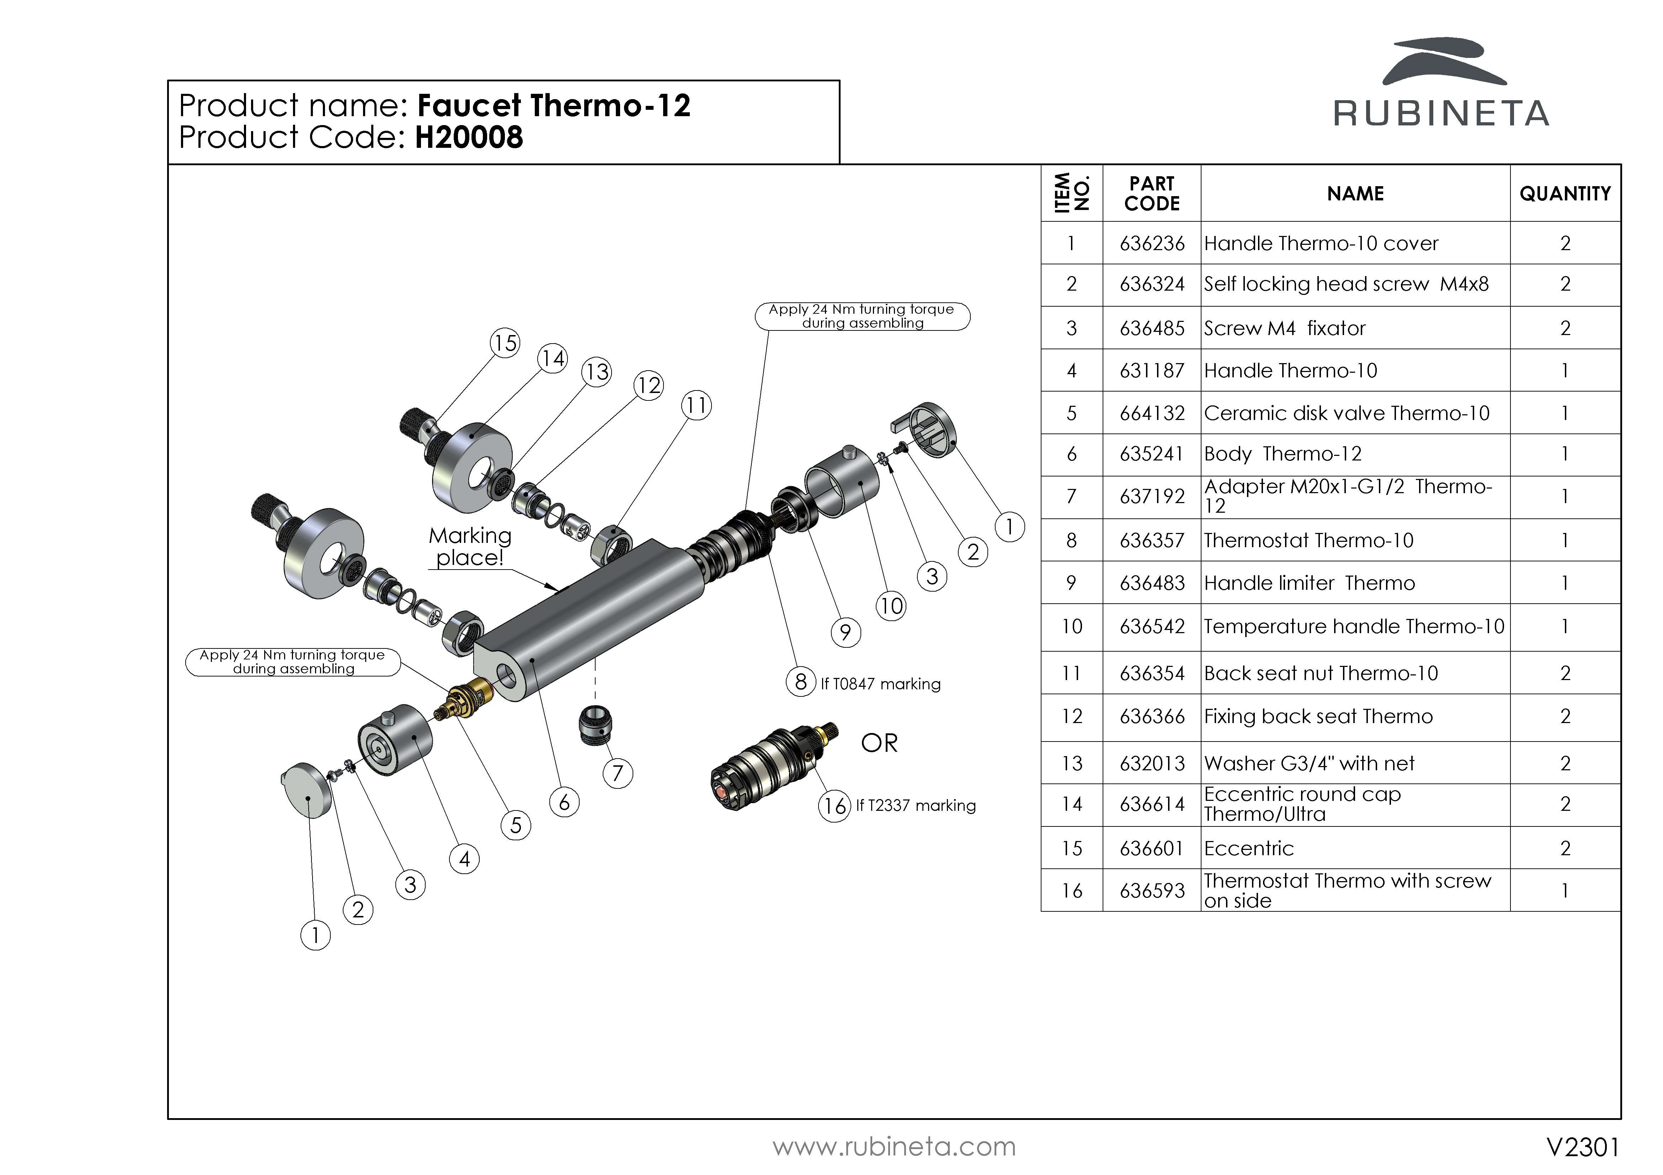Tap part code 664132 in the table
click(1152, 413)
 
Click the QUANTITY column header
click(1565, 193)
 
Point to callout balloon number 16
click(835, 806)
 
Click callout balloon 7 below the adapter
click(617, 773)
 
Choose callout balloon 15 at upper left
click(505, 343)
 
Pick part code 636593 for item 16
click(1152, 890)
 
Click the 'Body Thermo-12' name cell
click(1283, 454)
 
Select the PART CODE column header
click(1152, 193)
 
